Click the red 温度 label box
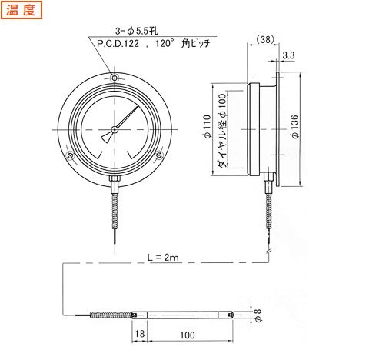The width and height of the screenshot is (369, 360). click(x=22, y=10)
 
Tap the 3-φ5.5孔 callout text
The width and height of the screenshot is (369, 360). click(x=137, y=32)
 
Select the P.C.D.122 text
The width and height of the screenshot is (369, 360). click(x=118, y=43)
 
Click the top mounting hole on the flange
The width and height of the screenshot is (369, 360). click(x=115, y=78)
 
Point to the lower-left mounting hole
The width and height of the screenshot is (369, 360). click(x=70, y=155)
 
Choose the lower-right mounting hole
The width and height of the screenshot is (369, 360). click(x=159, y=155)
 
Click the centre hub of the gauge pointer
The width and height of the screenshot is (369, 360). click(x=115, y=129)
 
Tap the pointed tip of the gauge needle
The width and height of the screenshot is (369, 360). click(x=138, y=106)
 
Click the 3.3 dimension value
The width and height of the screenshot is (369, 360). click(x=289, y=55)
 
